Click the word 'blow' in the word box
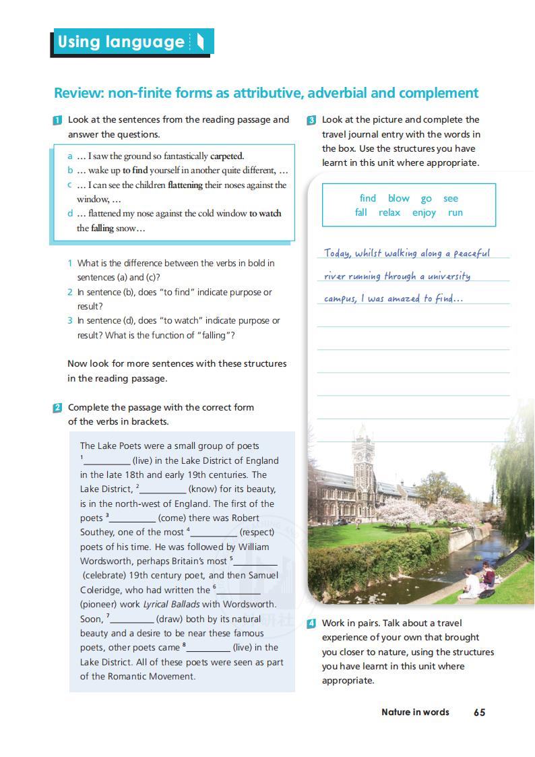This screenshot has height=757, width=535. click(398, 198)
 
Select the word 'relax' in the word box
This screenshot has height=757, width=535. click(389, 212)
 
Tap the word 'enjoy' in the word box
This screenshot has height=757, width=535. click(424, 212)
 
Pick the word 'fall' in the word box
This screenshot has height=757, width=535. click(361, 212)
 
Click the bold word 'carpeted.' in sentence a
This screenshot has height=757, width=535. click(227, 156)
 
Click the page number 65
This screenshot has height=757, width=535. click(479, 712)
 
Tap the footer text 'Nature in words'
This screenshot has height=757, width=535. click(415, 712)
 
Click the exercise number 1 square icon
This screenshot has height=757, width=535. click(58, 121)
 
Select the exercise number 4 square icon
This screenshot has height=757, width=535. click(311, 624)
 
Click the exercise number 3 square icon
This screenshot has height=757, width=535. click(311, 121)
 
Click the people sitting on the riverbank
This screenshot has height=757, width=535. click(479, 580)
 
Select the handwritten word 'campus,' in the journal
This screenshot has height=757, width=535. click(340, 299)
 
